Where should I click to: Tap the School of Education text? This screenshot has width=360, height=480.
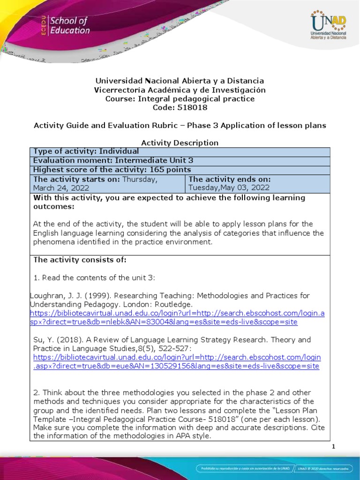(69, 26)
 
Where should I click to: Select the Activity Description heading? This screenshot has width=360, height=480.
(180, 143)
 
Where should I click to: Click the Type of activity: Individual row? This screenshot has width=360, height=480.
(86, 151)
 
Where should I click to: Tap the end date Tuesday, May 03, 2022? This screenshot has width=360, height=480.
(229, 187)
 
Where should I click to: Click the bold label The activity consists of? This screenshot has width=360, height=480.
(80, 260)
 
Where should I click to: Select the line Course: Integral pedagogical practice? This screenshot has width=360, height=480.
(180, 99)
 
